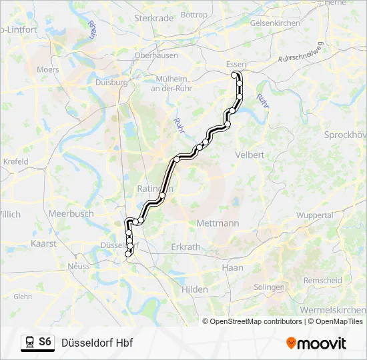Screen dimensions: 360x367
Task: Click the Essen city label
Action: pos(236,64)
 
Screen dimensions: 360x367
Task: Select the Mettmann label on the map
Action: pos(218,224)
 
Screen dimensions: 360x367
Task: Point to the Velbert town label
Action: pos(250,155)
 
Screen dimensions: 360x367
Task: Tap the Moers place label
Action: pos(48,69)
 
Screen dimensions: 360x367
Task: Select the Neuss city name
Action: pos(79,266)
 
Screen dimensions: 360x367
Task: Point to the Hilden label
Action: pos(195,289)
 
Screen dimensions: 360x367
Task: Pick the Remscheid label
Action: pos(322,281)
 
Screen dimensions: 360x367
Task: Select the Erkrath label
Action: pos(186,247)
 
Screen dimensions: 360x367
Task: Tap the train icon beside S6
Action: pos(29,343)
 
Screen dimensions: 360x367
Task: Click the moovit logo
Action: pos(316,343)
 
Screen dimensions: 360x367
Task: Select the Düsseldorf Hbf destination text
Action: pos(97,343)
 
